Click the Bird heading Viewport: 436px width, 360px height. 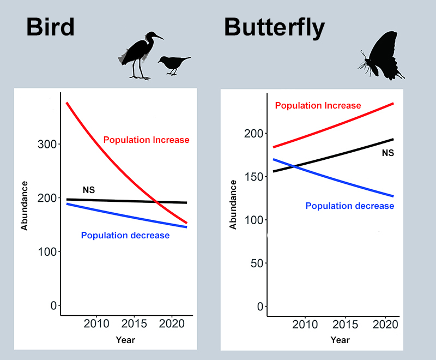50,27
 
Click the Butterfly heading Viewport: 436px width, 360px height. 274,27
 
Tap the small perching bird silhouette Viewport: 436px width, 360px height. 173,64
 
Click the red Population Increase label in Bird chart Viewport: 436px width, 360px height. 146,140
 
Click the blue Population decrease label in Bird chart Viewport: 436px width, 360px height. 125,236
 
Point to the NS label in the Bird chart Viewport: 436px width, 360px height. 89,190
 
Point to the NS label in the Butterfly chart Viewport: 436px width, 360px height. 387,153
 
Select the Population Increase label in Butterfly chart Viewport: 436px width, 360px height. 318,105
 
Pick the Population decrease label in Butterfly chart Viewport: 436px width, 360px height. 349,206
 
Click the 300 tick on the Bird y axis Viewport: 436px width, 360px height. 48,145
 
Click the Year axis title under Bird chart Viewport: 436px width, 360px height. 125,340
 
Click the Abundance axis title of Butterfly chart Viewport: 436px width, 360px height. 233,205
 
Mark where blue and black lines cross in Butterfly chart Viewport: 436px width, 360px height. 294,166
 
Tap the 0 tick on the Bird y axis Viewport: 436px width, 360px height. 53,305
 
